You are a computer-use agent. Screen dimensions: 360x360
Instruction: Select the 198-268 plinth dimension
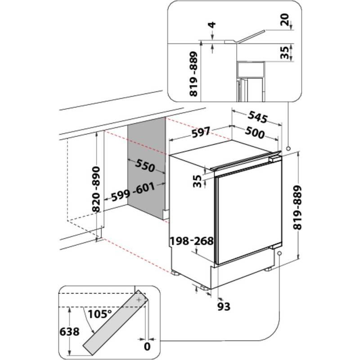point(191,241)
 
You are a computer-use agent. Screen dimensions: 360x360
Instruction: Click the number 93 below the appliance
point(224,306)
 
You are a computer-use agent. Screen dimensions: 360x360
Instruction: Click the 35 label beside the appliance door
point(196,181)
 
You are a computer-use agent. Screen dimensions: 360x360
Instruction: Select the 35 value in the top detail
point(284,52)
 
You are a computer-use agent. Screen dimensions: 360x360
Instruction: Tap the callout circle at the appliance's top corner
point(288,147)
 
